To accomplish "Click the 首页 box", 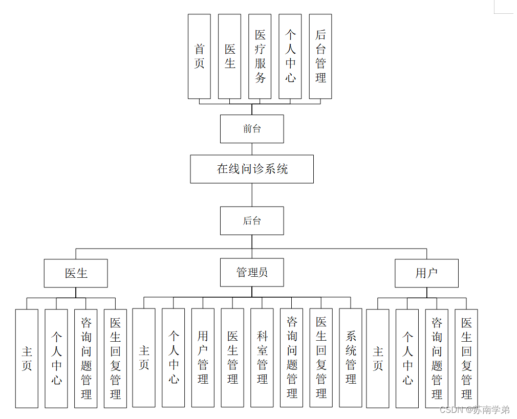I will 199,56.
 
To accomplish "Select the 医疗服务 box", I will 260,56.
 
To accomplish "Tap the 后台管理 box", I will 320,56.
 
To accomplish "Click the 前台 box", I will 252,129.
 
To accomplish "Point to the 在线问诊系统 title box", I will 252,169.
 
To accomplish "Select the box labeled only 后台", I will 252,220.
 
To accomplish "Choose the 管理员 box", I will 252,272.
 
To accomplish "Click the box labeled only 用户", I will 426,273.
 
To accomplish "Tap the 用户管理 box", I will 203,358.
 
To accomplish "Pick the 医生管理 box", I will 232,358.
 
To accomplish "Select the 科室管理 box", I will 262,358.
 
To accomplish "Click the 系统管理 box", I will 351,358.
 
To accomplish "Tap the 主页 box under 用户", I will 378,358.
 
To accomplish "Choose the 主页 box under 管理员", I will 144,358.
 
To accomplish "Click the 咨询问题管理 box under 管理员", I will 292,358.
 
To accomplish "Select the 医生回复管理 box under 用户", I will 466,358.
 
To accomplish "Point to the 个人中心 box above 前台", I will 290,56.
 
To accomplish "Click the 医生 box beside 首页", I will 229,56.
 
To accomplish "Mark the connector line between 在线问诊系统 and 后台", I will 252,195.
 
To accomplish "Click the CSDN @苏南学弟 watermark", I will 475,410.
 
